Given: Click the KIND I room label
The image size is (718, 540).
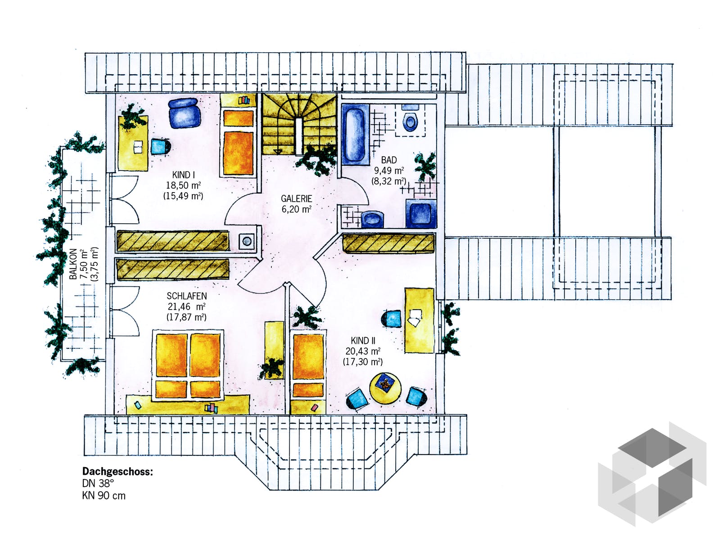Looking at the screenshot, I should click(183, 175).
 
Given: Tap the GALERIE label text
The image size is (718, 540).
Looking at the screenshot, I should click(296, 198).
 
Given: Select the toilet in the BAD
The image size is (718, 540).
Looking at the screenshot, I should click(410, 121).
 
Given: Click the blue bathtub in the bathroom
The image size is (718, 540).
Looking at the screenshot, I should click(354, 134).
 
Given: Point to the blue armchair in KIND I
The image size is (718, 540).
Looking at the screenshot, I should click(185, 113).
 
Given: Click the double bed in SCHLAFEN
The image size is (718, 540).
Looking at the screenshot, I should click(188, 365).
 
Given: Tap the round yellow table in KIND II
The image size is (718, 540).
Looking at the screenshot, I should click(385, 388).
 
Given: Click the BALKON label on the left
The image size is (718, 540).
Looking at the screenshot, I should click(73, 264).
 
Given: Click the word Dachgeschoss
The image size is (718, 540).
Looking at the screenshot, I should click(117, 472).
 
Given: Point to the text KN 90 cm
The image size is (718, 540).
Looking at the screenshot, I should click(104, 496).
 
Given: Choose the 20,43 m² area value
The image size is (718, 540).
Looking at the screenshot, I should click(363, 351).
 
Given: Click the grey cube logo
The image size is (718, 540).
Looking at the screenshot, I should click(652, 475).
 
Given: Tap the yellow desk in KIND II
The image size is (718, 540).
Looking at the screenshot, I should click(420, 320).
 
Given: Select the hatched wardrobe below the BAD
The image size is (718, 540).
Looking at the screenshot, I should click(388, 243).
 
